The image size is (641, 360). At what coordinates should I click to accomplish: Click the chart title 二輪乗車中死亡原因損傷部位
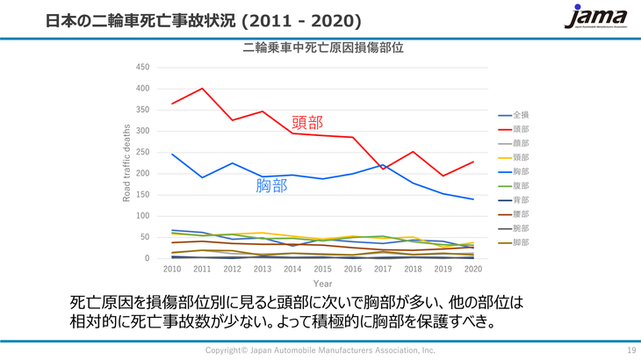(323, 48)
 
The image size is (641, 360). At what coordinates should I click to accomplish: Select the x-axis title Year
(322, 284)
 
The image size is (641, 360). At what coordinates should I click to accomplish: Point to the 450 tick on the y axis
(144, 68)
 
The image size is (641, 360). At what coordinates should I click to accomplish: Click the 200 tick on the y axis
(144, 173)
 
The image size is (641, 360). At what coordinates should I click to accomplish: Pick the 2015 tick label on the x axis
(322, 270)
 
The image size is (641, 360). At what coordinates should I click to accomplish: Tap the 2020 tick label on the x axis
(472, 270)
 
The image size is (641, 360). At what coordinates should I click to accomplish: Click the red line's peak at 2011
(202, 89)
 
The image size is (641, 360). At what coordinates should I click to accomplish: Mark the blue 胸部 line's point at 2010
(172, 155)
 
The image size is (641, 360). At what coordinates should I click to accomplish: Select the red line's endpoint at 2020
(472, 162)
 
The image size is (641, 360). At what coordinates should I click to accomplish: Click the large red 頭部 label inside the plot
(306, 123)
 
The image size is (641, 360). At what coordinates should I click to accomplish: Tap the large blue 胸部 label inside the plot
(271, 185)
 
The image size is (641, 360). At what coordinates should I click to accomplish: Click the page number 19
(630, 350)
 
